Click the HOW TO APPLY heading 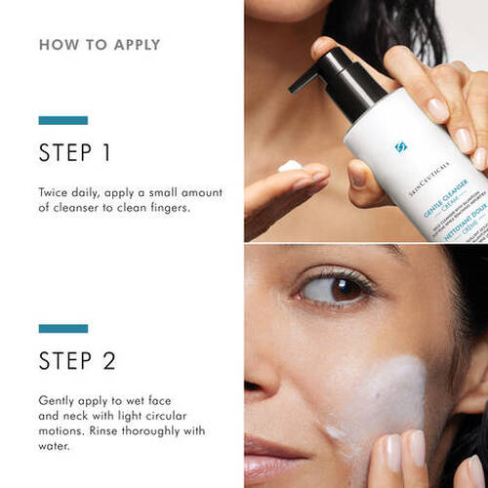click(x=100, y=45)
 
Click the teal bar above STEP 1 click(x=62, y=120)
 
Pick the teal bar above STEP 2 click(x=62, y=328)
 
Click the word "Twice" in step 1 click(x=55, y=191)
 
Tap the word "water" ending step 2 click(x=56, y=449)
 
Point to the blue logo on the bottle click(x=400, y=147)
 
